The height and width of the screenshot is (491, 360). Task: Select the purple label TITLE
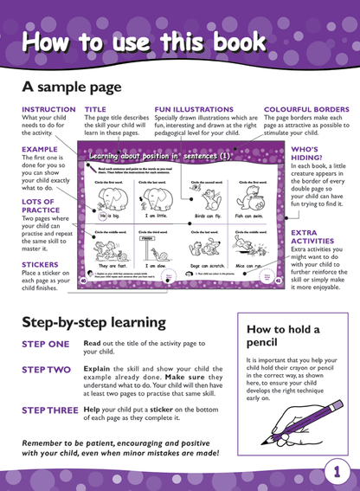[95, 109]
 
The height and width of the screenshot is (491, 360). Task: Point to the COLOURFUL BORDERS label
[306, 109]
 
